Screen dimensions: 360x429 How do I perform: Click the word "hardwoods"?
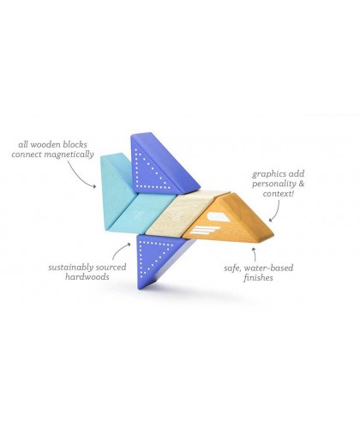(x=87, y=277)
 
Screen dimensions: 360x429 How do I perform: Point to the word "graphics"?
(x=266, y=174)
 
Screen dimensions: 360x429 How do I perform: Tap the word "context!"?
(x=278, y=194)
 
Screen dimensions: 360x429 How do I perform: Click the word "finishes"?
(x=258, y=278)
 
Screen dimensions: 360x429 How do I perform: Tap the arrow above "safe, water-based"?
(x=254, y=255)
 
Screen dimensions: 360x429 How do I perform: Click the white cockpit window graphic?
(x=219, y=217)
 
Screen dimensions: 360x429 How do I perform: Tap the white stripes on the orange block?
(x=204, y=230)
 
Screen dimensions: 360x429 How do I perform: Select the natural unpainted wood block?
(x=183, y=213)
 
